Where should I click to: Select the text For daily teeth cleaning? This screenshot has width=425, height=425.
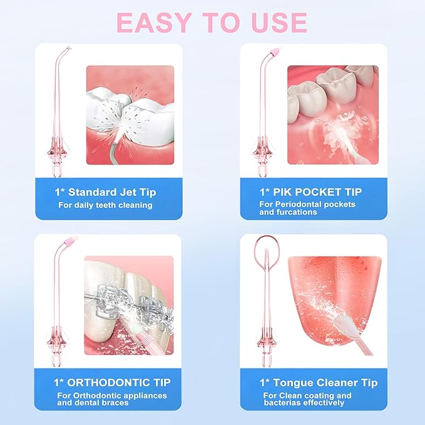(106, 205)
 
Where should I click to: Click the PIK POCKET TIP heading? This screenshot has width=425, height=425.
(317, 192)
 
